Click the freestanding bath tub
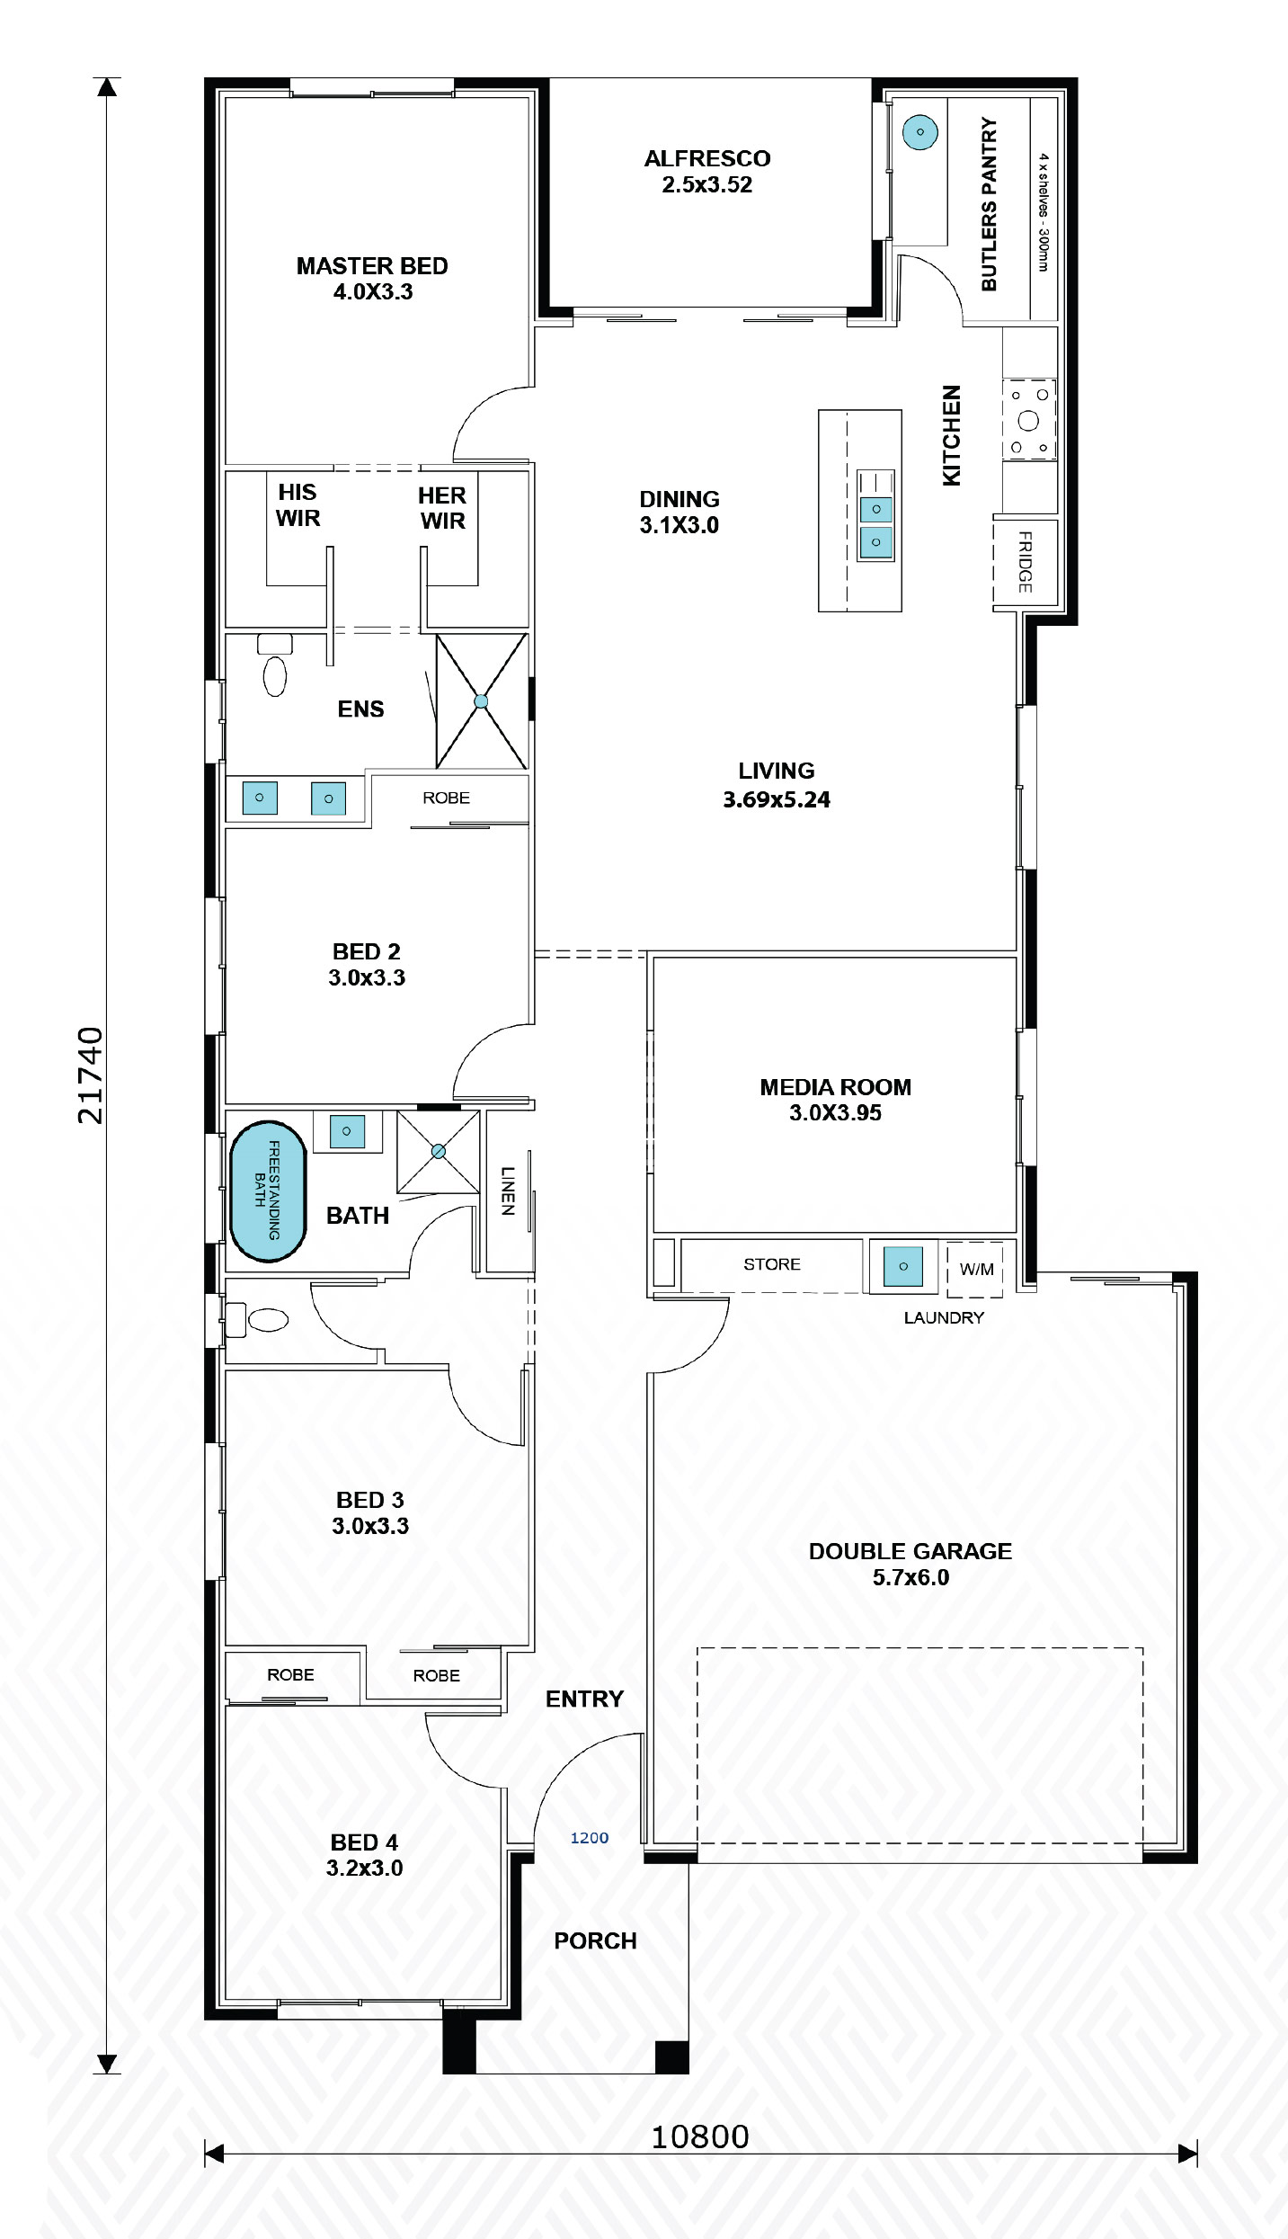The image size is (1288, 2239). tap(268, 1191)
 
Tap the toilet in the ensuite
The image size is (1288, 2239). tap(275, 674)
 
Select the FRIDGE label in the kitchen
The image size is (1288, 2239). tap(1025, 562)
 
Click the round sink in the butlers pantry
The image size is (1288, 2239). tap(919, 132)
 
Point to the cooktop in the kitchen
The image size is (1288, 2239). tap(1029, 420)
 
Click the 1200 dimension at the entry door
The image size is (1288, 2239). tap(590, 1838)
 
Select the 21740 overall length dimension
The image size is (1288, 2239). tap(91, 1075)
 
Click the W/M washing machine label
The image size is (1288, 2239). tap(976, 1270)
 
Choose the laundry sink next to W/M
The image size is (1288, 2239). tap(902, 1266)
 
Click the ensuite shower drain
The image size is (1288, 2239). tap(481, 701)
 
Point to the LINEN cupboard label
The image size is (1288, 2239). tap(508, 1191)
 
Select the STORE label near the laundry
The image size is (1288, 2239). tap(771, 1264)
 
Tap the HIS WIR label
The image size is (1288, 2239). tap(298, 505)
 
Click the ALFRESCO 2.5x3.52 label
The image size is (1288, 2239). tap(707, 171)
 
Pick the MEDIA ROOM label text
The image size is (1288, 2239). tap(835, 1087)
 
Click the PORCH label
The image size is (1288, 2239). tap(595, 1940)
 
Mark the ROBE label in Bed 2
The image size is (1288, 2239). tap(446, 798)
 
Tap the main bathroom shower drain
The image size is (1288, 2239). tap(439, 1151)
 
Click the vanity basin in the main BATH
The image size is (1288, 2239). tap(347, 1131)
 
